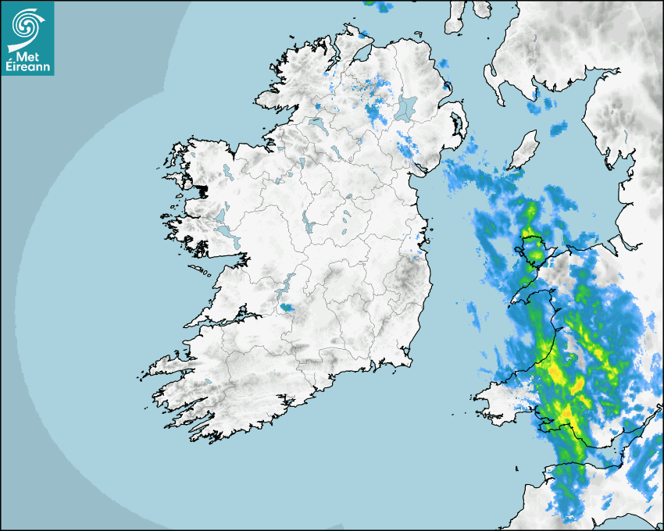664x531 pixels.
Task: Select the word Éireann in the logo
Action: pyautogui.click(x=27, y=67)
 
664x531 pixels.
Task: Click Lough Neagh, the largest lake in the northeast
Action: pyautogui.click(x=406, y=107)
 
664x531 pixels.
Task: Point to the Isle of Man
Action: pyautogui.click(x=524, y=149)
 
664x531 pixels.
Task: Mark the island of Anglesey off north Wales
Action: pyautogui.click(x=534, y=248)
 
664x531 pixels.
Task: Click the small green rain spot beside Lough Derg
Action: pyautogui.click(x=288, y=308)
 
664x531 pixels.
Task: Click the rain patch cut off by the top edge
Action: pyautogui.click(x=380, y=5)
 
